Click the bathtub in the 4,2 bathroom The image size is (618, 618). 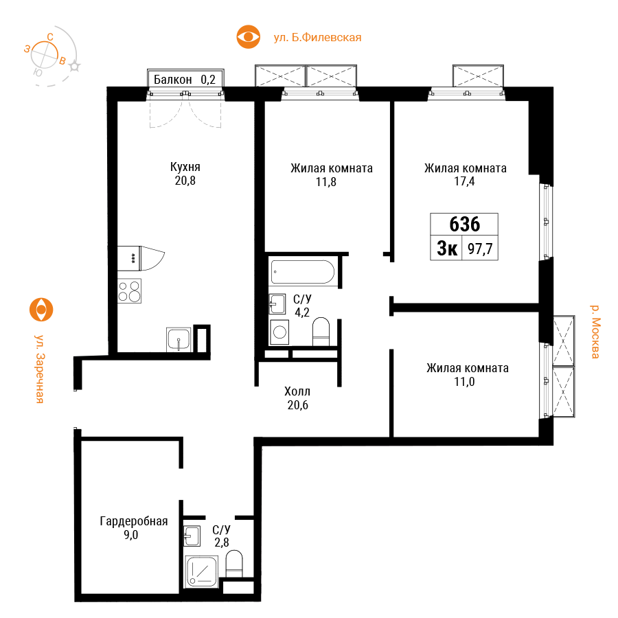pos(302,271)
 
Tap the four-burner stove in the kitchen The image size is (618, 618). pos(129,291)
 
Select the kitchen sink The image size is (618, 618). pos(179,339)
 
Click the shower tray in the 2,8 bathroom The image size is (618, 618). pos(201,571)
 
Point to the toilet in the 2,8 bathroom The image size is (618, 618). pos(234,564)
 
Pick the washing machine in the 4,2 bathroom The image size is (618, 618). pos(279,332)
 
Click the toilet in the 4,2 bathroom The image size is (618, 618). pos(321,332)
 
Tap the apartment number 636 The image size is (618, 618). pos(465,225)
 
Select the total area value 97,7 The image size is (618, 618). pos(480,249)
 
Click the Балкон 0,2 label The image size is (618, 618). pos(185,80)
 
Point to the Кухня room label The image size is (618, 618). pos(185,167)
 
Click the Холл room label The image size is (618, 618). pos(297,391)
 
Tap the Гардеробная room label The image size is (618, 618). pos(134,521)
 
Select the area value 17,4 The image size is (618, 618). pos(464,181)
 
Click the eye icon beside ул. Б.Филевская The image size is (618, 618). pos(249,37)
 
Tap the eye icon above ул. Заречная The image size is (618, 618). pos(41,310)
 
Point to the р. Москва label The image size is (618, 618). pos(595,332)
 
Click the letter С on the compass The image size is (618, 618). pos(50,37)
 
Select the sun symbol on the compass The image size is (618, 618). pos(74,67)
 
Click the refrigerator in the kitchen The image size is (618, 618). pos(129,259)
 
